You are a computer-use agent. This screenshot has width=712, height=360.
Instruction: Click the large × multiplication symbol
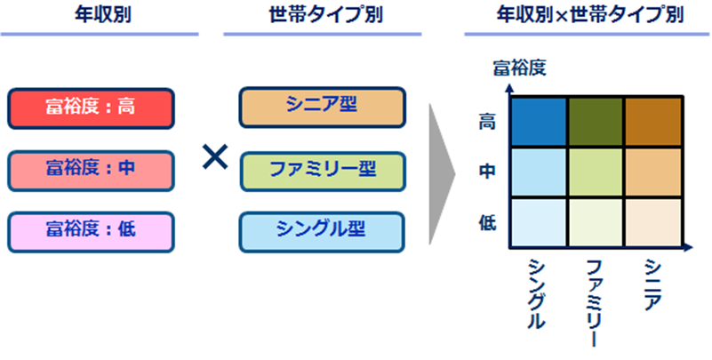click(x=214, y=158)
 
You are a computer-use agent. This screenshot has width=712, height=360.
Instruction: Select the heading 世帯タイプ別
click(x=323, y=15)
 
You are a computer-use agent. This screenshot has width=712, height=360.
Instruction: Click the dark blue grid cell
click(x=539, y=119)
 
